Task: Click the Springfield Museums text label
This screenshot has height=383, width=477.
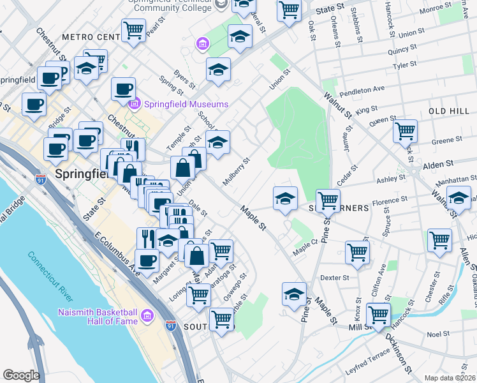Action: point(186,104)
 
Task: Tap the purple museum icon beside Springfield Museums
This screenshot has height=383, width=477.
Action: point(135,104)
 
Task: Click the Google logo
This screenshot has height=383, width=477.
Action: point(21,375)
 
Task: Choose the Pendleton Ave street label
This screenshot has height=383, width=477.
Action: point(362,91)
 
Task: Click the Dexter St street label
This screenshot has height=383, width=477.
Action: point(335,278)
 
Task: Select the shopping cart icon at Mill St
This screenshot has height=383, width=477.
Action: point(379,314)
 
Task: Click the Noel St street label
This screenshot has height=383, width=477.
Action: point(439,334)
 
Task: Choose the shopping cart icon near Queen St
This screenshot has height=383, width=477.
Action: point(406,131)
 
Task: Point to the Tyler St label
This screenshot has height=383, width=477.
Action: point(404,64)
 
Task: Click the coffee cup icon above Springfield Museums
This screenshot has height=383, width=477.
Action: point(123,89)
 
